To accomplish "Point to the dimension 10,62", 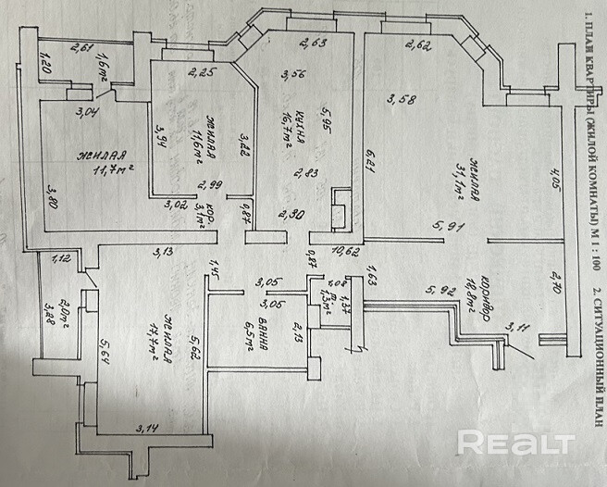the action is [x=346, y=251].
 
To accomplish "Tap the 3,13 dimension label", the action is [x=165, y=252].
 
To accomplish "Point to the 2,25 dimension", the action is [x=201, y=73].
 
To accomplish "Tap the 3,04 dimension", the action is [x=89, y=114].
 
